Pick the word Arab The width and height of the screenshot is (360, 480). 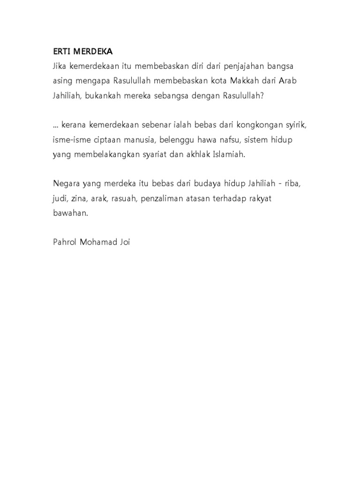[x=288, y=80]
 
